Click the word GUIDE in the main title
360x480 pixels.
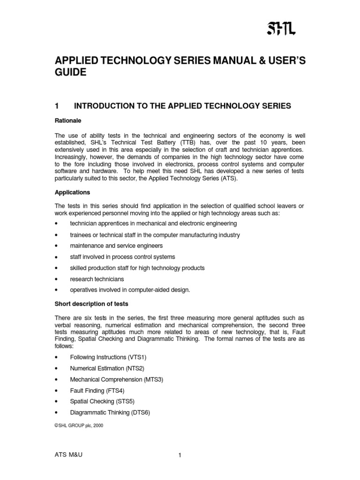click(71, 73)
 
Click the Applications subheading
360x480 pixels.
click(72, 192)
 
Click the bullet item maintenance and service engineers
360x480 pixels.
click(117, 245)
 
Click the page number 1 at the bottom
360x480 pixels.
click(180, 455)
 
